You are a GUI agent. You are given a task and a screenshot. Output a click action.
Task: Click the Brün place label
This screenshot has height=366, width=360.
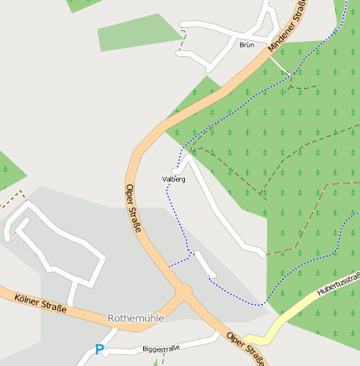tap(246, 44)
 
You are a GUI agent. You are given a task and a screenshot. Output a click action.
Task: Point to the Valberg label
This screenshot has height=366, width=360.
tap(174, 179)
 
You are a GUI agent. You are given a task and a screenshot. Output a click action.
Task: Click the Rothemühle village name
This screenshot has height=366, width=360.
tap(136, 318)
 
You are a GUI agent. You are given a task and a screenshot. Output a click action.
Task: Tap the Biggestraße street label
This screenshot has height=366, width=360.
tap(161, 348)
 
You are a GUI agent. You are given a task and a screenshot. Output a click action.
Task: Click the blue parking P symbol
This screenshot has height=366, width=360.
tap(100, 350)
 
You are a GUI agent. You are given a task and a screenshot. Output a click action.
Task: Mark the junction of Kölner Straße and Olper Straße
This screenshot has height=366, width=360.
tap(182, 294)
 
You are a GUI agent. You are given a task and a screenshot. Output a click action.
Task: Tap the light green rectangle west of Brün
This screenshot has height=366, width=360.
tap(139, 33)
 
